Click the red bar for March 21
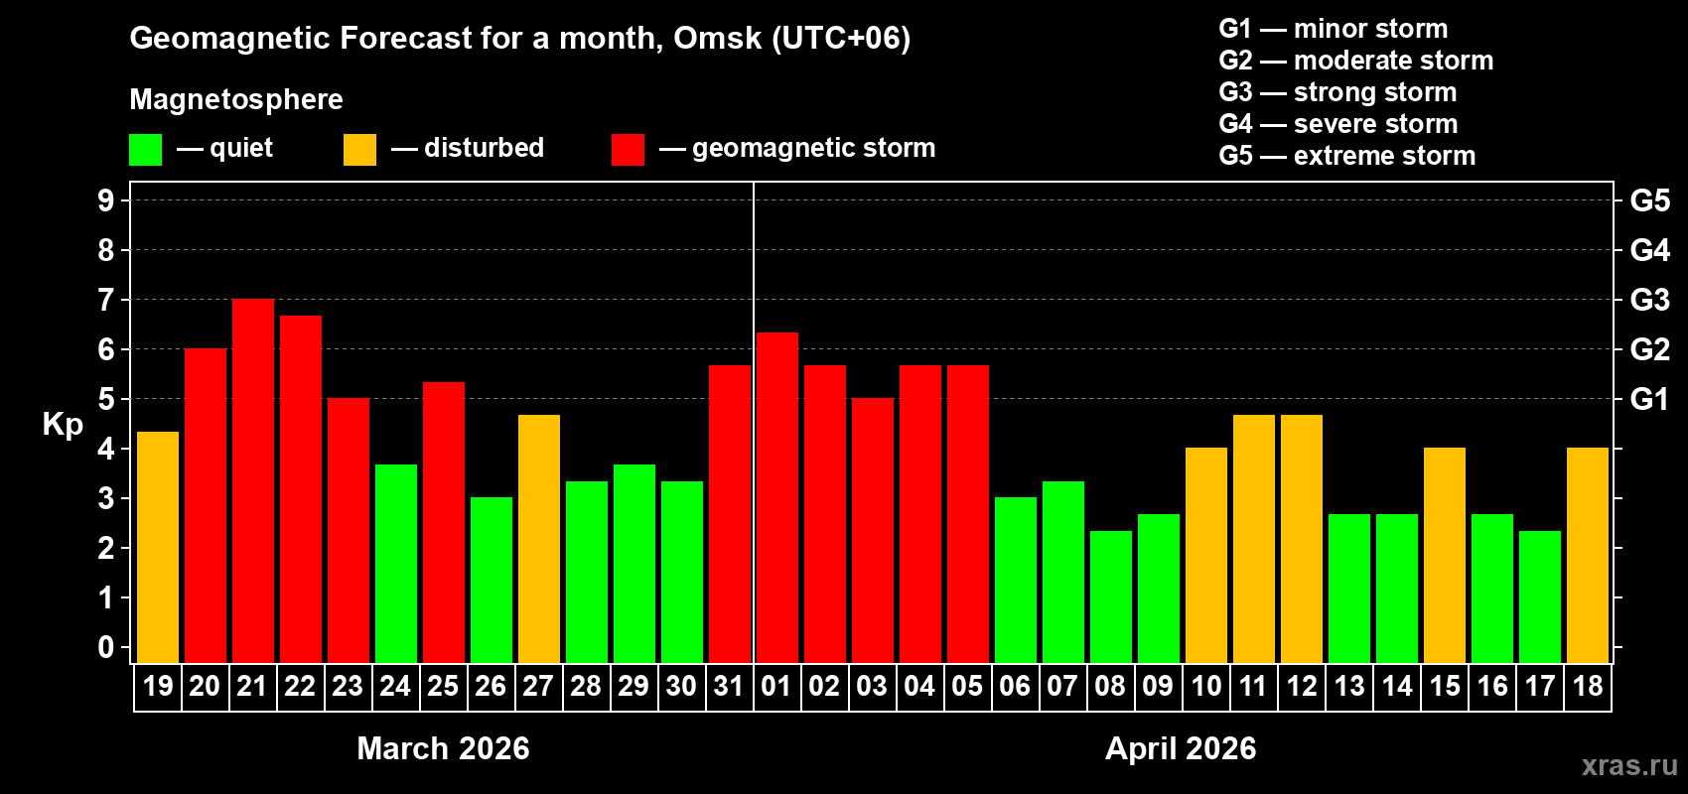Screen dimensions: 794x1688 [x=253, y=481]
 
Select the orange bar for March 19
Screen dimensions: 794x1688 [x=158, y=547]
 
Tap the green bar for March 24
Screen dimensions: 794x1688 [x=396, y=564]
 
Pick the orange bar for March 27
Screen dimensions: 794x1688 [x=539, y=539]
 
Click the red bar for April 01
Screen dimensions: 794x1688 [x=777, y=497]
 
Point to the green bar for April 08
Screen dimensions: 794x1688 [x=1111, y=596]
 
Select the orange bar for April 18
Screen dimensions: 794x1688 [x=1588, y=555]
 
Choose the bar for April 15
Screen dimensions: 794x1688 [x=1445, y=555]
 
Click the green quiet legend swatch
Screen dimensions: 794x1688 [x=146, y=150]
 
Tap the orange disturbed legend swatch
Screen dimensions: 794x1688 [x=359, y=150]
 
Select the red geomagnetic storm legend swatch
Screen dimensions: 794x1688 [x=628, y=150]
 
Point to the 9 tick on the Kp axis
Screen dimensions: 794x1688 [x=106, y=200]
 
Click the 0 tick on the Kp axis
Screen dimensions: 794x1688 [x=106, y=648]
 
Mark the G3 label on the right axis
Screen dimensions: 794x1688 [x=1649, y=300]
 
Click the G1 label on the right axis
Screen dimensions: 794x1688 [x=1649, y=399]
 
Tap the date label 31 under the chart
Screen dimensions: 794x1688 [x=729, y=686]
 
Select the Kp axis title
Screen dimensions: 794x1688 [x=63, y=425]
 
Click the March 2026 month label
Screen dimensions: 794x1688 [x=443, y=748]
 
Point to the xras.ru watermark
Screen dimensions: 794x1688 [x=1629, y=765]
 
